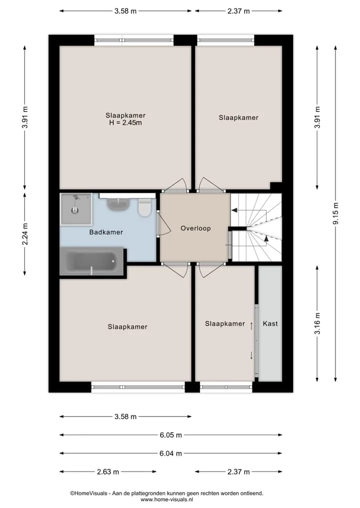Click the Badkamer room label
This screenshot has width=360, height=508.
pos(106,232)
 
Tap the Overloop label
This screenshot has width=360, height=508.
pos(195,228)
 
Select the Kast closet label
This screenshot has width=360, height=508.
pos(270,323)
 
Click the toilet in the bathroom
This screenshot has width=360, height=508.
pos(144,208)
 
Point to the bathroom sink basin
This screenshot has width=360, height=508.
pos(118,204)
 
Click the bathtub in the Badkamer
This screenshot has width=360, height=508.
pos(92,261)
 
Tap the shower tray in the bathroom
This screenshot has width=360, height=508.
pos(76,209)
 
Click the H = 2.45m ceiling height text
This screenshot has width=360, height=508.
pos(125,123)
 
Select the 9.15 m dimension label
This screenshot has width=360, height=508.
pos(335,213)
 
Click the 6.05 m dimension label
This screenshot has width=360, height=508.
pos(170,435)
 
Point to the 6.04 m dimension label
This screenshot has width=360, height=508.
pos(170,453)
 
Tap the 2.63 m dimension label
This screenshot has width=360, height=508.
pos(108,472)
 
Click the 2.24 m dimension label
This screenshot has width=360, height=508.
pos(25,234)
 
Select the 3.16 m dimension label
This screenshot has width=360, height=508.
pos(317,323)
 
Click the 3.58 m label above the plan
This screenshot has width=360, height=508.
pos(125,11)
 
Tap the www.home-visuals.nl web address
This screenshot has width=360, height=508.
pos(166,500)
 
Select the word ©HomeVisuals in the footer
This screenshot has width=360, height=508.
pos(89,494)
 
